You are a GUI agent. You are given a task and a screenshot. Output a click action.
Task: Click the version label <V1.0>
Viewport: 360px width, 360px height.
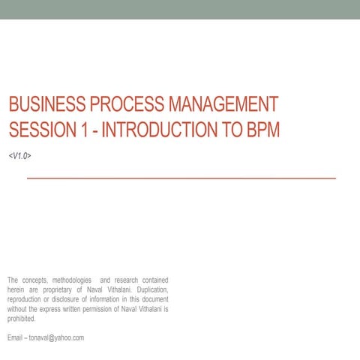coord(19,155)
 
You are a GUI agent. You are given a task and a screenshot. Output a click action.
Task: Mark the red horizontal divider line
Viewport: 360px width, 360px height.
coord(181,178)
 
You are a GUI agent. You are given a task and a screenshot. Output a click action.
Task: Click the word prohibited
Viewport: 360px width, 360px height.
coord(22,317)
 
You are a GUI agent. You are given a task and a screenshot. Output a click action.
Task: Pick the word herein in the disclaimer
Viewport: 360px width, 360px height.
coord(16,289)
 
